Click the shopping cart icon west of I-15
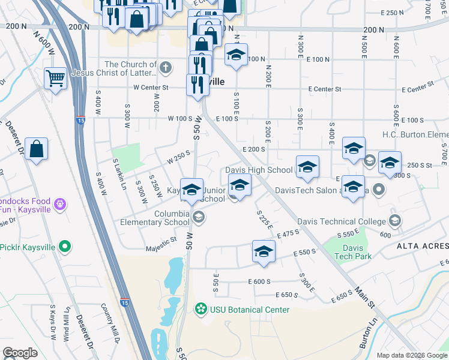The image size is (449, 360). (55, 77)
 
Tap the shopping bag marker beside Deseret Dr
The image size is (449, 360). (37, 148)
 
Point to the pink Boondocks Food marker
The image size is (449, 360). (59, 205)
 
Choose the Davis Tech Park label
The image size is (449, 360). (357, 252)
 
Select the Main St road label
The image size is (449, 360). (361, 298)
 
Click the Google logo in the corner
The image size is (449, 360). (20, 353)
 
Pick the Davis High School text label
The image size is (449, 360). (259, 170)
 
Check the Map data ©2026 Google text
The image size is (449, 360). (411, 355)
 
